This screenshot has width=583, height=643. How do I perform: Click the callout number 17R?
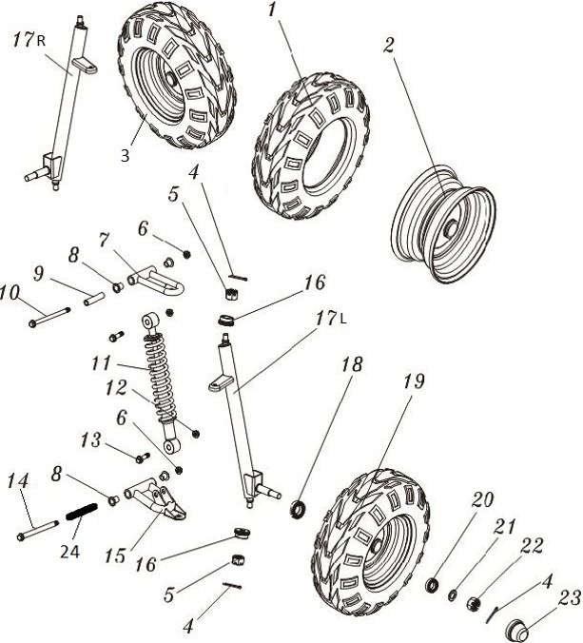[28, 41]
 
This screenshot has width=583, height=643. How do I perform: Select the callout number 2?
[388, 45]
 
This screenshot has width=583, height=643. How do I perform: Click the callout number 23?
[569, 599]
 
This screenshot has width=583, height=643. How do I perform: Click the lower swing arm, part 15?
[155, 499]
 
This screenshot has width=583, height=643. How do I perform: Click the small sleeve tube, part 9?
[96, 297]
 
